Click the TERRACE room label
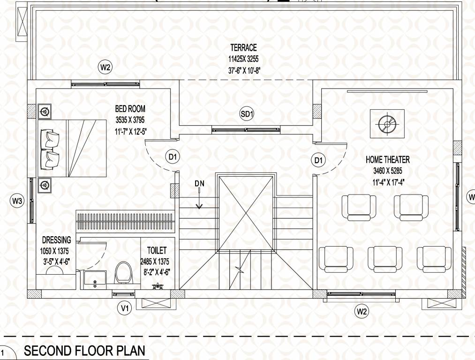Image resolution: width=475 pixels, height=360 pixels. click(243, 48)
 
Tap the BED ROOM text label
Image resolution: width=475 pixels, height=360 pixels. click(130, 109)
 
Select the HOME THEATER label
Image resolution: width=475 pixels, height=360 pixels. click(387, 160)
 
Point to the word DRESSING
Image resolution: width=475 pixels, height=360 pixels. click(56, 240)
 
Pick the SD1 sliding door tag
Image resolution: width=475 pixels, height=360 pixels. click(247, 113)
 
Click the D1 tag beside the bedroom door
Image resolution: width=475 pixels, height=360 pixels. click(173, 157)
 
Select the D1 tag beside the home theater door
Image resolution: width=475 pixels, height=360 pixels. click(319, 161)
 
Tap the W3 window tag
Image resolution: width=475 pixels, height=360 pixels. click(17, 202)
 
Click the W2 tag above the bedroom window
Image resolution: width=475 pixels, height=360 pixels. click(105, 67)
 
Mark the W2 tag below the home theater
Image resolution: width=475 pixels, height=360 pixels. click(362, 311)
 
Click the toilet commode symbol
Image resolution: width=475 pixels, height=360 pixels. click(124, 273)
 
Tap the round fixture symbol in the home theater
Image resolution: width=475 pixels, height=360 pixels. click(387, 124)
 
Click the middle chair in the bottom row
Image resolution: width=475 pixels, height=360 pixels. click(385, 259)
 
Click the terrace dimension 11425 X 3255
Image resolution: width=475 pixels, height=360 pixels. click(243, 60)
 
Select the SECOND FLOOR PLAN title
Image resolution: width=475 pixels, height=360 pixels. click(82, 351)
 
